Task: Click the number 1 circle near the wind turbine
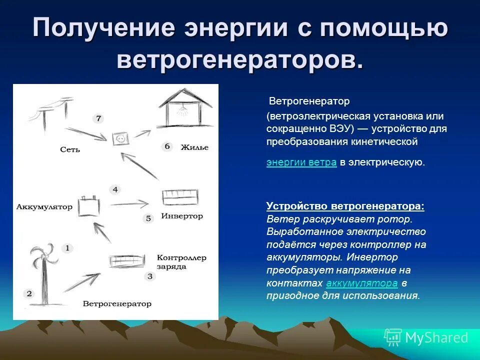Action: pos(67,248)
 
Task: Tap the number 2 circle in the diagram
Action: pos(29,293)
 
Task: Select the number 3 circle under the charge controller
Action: pos(149,275)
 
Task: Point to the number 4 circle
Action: pos(115,189)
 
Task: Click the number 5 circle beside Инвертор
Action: pos(148,218)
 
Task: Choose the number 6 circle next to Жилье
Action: pos(167,146)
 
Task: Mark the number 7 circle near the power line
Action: pos(98,118)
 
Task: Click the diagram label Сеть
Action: pos(69,149)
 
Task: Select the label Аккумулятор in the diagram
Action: pos(44,206)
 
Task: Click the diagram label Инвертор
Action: pos(182,216)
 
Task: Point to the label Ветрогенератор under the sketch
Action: pos(116,303)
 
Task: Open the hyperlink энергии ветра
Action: pos(301,162)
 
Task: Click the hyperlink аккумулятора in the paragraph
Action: pos(361,283)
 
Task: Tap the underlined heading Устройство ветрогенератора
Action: pos(345,206)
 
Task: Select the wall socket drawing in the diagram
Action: pos(120,138)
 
